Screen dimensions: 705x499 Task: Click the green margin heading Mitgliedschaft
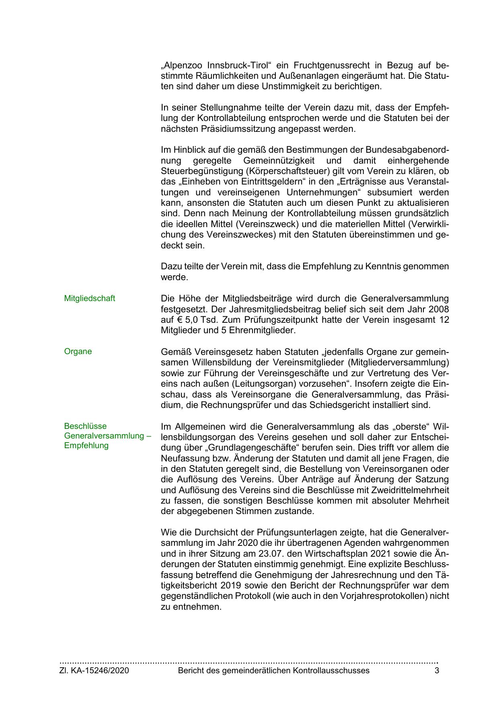(89, 298)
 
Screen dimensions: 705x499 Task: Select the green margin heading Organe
(78, 351)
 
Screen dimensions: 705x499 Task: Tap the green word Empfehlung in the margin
(86, 445)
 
